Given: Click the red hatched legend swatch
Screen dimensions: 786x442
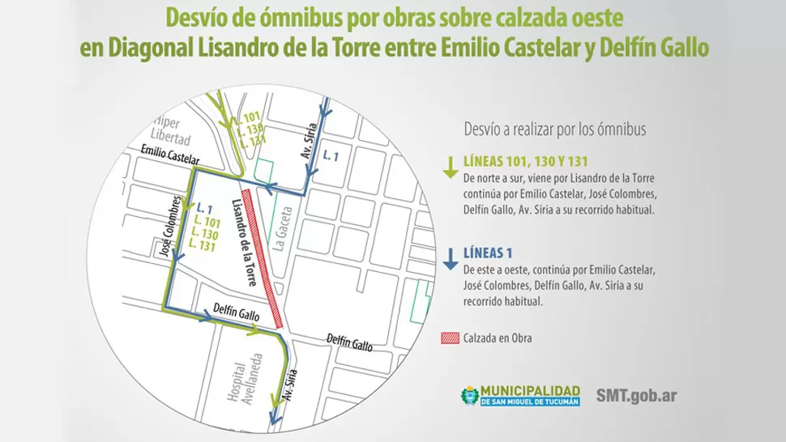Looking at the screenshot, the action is [451, 338].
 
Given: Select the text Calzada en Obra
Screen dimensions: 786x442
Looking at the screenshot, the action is [498, 338].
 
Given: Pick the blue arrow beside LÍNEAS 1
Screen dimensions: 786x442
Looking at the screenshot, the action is [448, 258].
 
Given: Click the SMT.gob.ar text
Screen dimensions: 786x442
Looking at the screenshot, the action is [636, 396].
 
